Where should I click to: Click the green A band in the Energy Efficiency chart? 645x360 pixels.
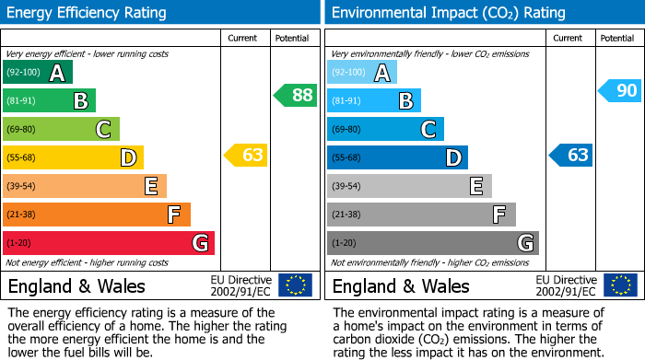[38, 73]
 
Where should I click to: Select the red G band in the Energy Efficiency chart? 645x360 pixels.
[109, 243]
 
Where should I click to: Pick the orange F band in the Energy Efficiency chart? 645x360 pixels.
[97, 215]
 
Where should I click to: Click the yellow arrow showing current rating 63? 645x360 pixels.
[247, 155]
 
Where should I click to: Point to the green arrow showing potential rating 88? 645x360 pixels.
[296, 95]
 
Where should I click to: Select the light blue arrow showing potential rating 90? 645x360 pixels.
[620, 90]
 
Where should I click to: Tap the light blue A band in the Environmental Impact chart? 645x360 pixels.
[362, 73]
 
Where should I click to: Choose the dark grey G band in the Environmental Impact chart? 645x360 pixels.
[433, 243]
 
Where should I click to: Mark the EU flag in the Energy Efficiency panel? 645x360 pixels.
[295, 285]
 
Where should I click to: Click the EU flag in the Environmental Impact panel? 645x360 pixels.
[619, 285]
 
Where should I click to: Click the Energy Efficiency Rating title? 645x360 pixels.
[88, 13]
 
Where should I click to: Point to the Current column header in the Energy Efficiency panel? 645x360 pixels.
[243, 38]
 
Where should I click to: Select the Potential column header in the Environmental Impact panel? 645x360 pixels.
[616, 38]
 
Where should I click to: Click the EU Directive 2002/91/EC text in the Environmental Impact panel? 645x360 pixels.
[565, 285]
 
